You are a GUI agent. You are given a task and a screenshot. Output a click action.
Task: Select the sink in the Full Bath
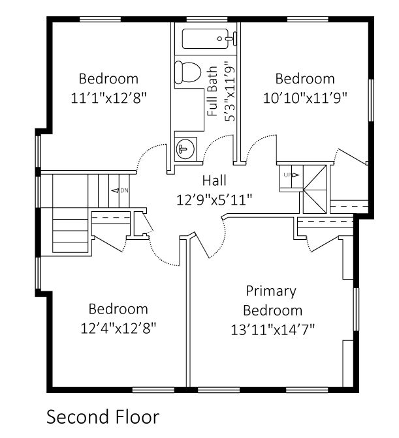[185, 146]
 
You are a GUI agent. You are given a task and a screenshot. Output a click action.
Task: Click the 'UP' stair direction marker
[290, 175]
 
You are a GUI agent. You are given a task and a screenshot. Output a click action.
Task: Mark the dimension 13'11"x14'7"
[272, 329]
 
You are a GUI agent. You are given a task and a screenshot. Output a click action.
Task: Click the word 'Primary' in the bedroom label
[270, 291]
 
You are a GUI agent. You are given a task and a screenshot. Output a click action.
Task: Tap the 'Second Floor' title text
[103, 416]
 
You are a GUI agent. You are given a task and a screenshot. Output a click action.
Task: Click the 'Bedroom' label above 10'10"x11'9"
[304, 79]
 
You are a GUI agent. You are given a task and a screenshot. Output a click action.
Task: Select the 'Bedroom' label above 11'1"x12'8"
[108, 79]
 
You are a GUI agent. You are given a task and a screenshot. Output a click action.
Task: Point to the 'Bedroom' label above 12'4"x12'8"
[118, 308]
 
